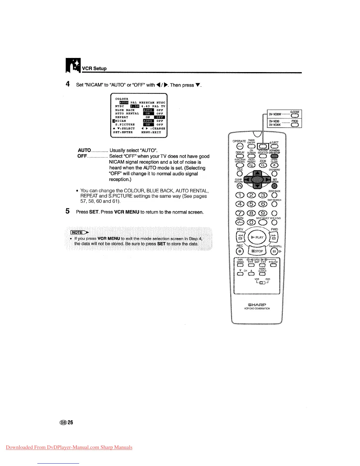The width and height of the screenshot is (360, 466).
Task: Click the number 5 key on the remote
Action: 251,204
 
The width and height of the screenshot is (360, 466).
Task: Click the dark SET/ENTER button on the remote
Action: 274,186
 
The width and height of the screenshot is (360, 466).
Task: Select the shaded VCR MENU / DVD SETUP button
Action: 274,156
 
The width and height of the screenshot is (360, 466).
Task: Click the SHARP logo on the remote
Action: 257,304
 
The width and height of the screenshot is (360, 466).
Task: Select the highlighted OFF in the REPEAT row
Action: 160,117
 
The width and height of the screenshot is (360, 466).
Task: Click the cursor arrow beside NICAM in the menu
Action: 113,121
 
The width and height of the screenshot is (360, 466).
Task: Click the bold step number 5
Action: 68,211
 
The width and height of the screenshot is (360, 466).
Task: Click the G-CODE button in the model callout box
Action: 294,115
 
